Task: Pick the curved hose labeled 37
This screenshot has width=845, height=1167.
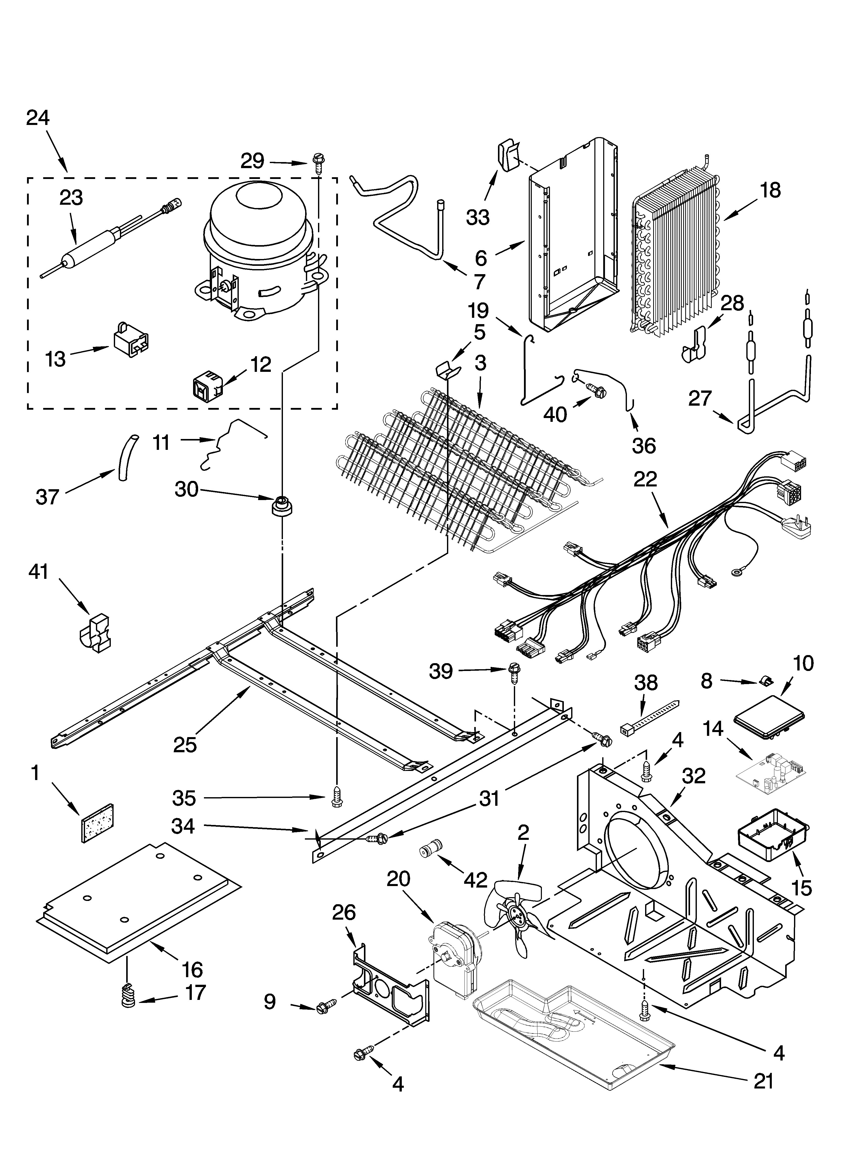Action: (x=126, y=456)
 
